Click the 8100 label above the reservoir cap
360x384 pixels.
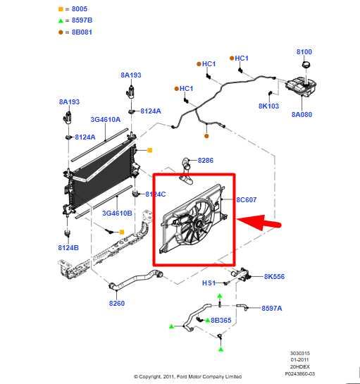(304, 51)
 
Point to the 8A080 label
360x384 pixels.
(302, 114)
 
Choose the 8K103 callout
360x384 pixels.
(268, 106)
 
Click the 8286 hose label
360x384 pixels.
(205, 161)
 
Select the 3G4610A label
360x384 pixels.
(106, 120)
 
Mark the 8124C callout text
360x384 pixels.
(154, 194)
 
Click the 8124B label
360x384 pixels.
(68, 247)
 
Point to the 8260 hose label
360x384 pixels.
(116, 304)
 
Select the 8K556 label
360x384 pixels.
(274, 277)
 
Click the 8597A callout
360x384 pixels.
(271, 308)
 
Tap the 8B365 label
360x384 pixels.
(221, 321)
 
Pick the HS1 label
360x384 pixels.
(209, 283)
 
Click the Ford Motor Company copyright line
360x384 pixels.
(187, 376)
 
